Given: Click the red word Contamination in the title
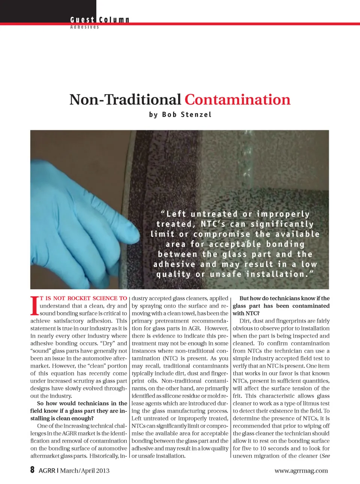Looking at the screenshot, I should pyautogui.click(x=237, y=100).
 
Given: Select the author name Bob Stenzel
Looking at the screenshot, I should pyautogui.click(x=187, y=115).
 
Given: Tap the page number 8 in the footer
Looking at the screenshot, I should pyautogui.click(x=33, y=470).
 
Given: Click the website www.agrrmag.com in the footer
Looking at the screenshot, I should pyautogui.click(x=301, y=470).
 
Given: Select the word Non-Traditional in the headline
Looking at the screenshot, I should pyautogui.click(x=125, y=100).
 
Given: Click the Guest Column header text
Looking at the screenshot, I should pyautogui.click(x=99, y=20).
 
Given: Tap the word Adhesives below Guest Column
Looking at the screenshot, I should pyautogui.click(x=84, y=27).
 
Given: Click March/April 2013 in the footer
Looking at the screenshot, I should pyautogui.click(x=85, y=470).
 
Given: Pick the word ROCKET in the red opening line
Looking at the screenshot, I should pyautogui.click(x=79, y=298).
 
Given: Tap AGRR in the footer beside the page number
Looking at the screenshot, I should pyautogui.click(x=47, y=470).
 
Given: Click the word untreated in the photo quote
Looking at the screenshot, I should pyautogui.click(x=214, y=214).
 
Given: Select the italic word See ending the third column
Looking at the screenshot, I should pyautogui.click(x=325, y=456).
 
